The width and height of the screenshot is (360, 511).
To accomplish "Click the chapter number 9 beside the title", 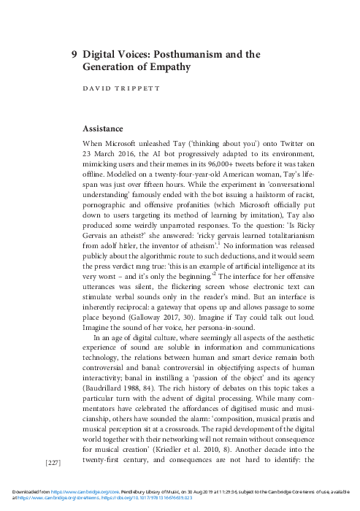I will point(74,54).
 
